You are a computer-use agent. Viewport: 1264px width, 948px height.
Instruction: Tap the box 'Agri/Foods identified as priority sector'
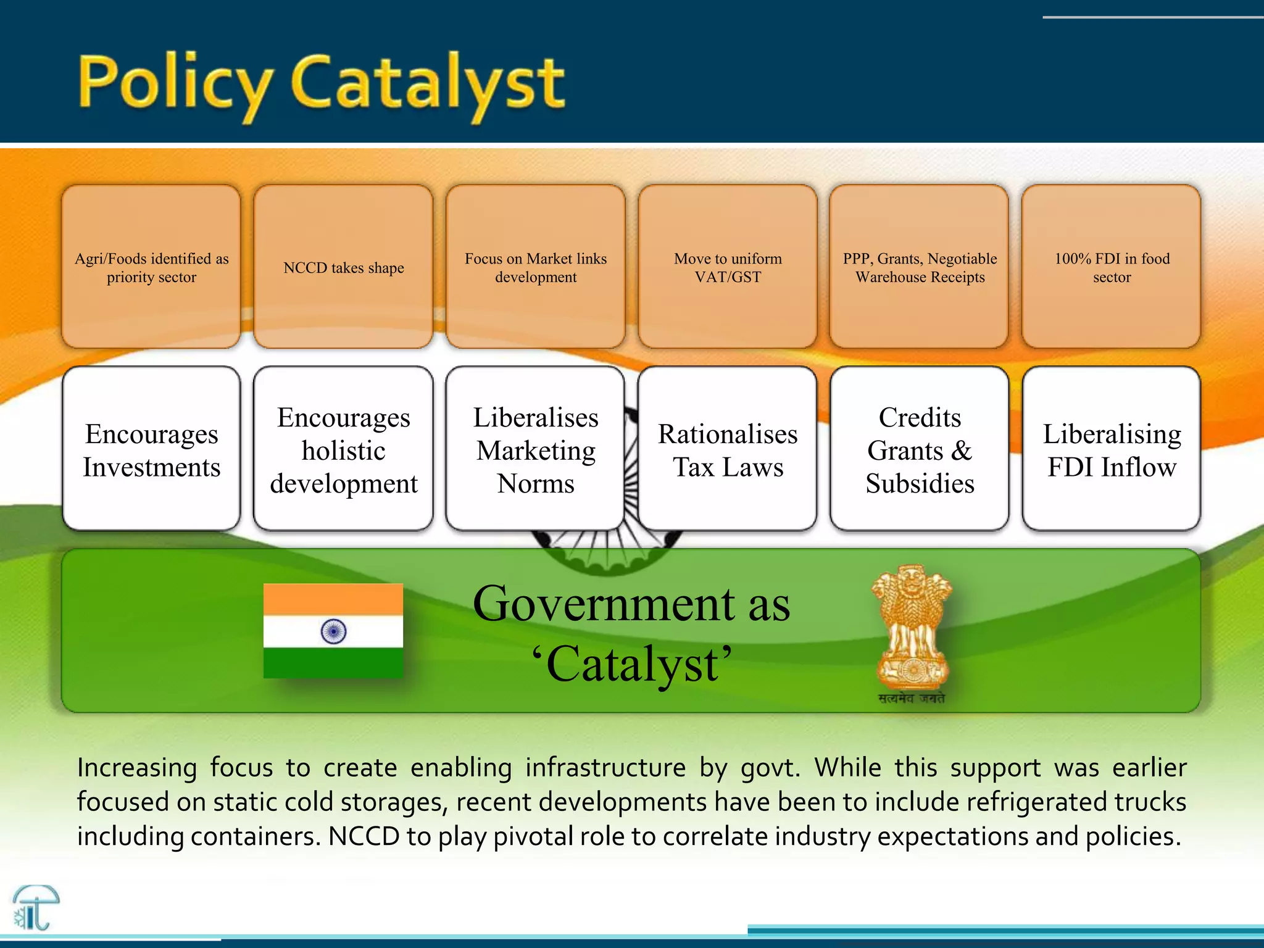151,267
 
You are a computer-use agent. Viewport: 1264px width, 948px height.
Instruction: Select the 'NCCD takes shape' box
343,267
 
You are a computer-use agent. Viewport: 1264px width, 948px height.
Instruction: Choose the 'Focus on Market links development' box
536,267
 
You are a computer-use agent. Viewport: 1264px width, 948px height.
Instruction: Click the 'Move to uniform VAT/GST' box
728,267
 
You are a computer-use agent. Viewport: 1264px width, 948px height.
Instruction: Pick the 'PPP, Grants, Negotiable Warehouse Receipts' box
920,267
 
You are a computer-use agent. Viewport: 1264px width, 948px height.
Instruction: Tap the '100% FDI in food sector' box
1112,267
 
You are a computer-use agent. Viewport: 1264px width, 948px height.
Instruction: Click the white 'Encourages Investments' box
151,449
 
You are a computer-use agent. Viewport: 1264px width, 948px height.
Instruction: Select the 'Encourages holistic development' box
343,449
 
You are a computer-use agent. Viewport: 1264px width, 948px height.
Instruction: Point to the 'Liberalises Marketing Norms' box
536,449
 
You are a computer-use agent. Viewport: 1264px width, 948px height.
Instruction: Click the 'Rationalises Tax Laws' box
728,449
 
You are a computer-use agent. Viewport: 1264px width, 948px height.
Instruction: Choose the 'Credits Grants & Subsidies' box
920,449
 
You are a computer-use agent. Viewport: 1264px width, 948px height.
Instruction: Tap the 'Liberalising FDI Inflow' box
1112,449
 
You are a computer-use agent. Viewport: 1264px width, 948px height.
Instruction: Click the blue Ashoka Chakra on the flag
333,631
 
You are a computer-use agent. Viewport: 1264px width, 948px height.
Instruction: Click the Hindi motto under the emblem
912,699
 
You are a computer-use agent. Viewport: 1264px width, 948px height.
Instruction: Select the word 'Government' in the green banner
604,604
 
